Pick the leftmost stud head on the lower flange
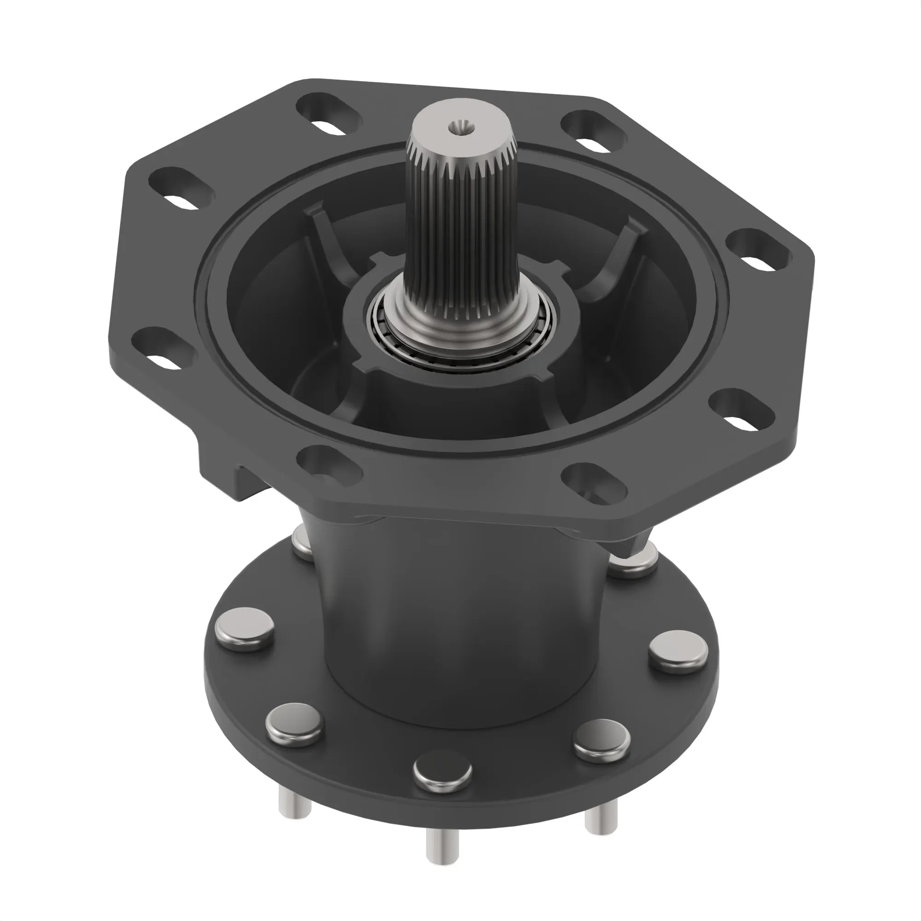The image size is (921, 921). [x=245, y=628]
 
